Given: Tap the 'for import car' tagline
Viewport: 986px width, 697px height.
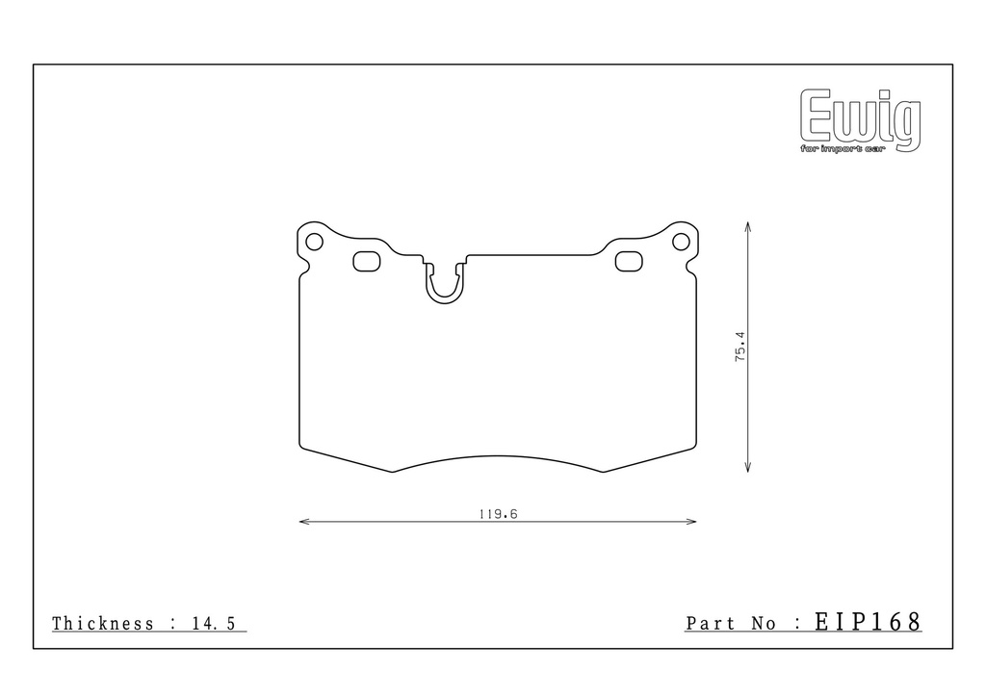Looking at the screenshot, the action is [842, 149].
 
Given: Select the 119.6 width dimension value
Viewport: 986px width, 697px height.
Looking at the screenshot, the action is [498, 514].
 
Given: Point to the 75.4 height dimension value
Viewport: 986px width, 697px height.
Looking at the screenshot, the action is [740, 346].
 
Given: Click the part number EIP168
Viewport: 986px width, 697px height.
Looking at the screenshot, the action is [868, 622].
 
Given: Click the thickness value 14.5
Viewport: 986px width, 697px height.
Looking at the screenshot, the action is [214, 624].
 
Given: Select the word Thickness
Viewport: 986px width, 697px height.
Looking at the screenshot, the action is [102, 624].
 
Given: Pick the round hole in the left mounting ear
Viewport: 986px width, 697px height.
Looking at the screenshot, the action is [314, 242].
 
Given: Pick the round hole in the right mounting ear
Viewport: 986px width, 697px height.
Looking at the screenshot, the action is [681, 242].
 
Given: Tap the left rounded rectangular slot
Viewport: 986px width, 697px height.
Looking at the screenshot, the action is [367, 262].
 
